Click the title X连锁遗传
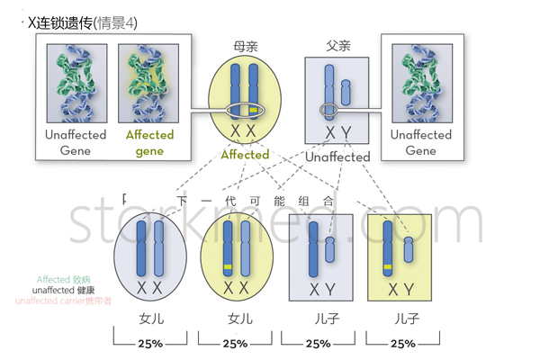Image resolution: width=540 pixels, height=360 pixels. point(64,21)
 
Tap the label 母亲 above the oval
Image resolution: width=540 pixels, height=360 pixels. point(245,44)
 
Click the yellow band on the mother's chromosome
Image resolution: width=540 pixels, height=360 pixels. point(255,110)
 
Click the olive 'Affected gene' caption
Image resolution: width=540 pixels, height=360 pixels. point(149,143)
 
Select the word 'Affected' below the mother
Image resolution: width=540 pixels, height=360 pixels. point(245,154)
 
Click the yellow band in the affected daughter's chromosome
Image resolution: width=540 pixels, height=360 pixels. point(229,268)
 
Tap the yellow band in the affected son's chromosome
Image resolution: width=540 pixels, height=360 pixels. point(388,267)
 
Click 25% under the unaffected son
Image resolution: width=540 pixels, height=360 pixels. point(318,344)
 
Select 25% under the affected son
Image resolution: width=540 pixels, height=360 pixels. point(403,344)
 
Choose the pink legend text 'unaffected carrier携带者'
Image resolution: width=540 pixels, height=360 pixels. point(64,301)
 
